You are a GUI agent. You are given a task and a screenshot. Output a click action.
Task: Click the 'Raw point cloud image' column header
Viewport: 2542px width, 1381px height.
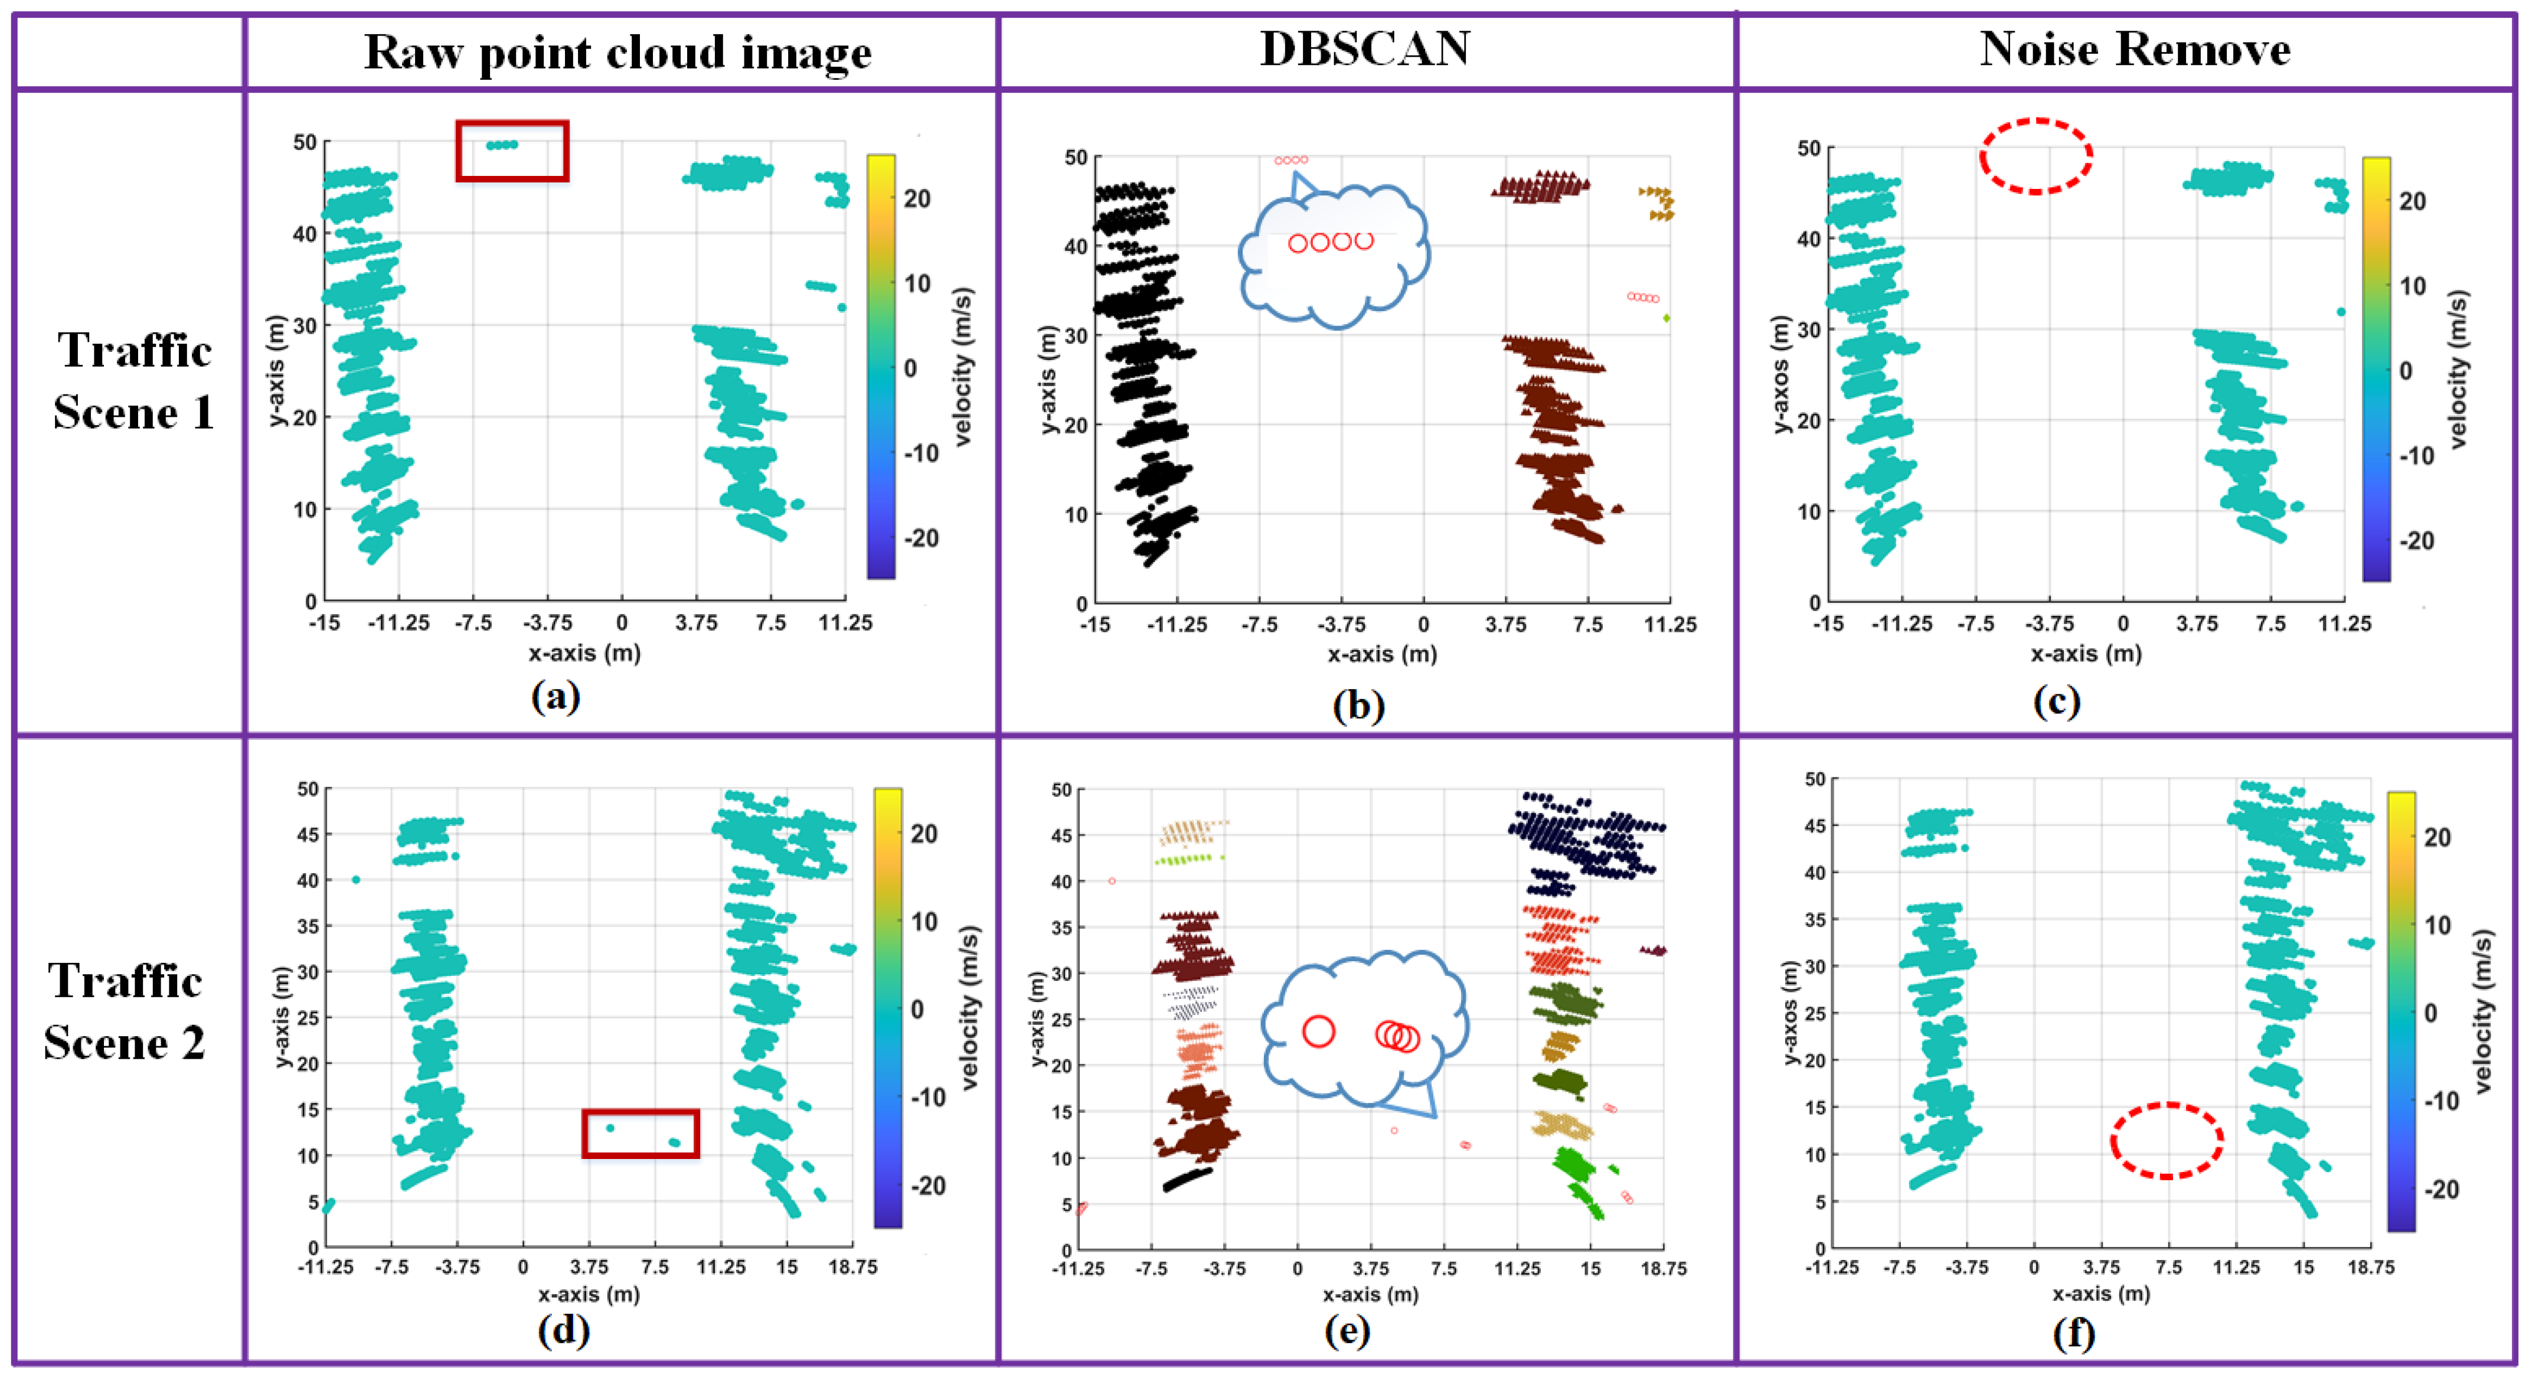pyautogui.click(x=617, y=51)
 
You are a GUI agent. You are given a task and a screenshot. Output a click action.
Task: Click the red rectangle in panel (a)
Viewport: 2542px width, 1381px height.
pyautogui.click(x=512, y=151)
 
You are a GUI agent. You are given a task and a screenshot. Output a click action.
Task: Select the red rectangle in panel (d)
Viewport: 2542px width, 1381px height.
pyautogui.click(x=641, y=1133)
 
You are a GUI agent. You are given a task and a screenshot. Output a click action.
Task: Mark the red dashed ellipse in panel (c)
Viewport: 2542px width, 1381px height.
pyautogui.click(x=2035, y=156)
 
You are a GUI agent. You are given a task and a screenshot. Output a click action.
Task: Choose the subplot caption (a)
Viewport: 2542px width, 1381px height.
pyautogui.click(x=556, y=697)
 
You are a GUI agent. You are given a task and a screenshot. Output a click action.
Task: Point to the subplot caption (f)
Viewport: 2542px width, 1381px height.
pyautogui.click(x=2073, y=1334)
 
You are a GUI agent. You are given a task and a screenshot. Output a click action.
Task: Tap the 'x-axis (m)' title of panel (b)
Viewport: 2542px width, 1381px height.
pyautogui.click(x=1381, y=654)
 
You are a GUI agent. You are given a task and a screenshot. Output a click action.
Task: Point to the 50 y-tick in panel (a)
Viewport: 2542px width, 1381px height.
pyautogui.click(x=305, y=142)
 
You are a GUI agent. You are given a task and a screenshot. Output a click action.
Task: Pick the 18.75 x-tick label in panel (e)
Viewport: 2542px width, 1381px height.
pyautogui.click(x=1663, y=1268)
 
